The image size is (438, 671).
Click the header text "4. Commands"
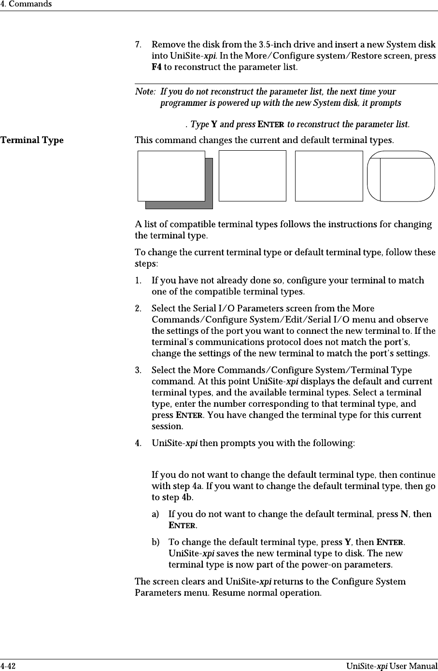click(26, 4)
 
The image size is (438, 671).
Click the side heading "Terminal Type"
click(32, 141)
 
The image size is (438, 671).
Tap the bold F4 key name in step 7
click(156, 67)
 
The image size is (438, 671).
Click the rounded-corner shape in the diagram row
click(401, 176)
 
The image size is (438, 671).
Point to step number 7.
click(138, 45)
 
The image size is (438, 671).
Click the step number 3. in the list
click(138, 371)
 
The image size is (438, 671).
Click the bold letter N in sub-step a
click(404, 514)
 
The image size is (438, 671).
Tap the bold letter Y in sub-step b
click(347, 542)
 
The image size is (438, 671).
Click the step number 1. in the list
click(138, 281)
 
